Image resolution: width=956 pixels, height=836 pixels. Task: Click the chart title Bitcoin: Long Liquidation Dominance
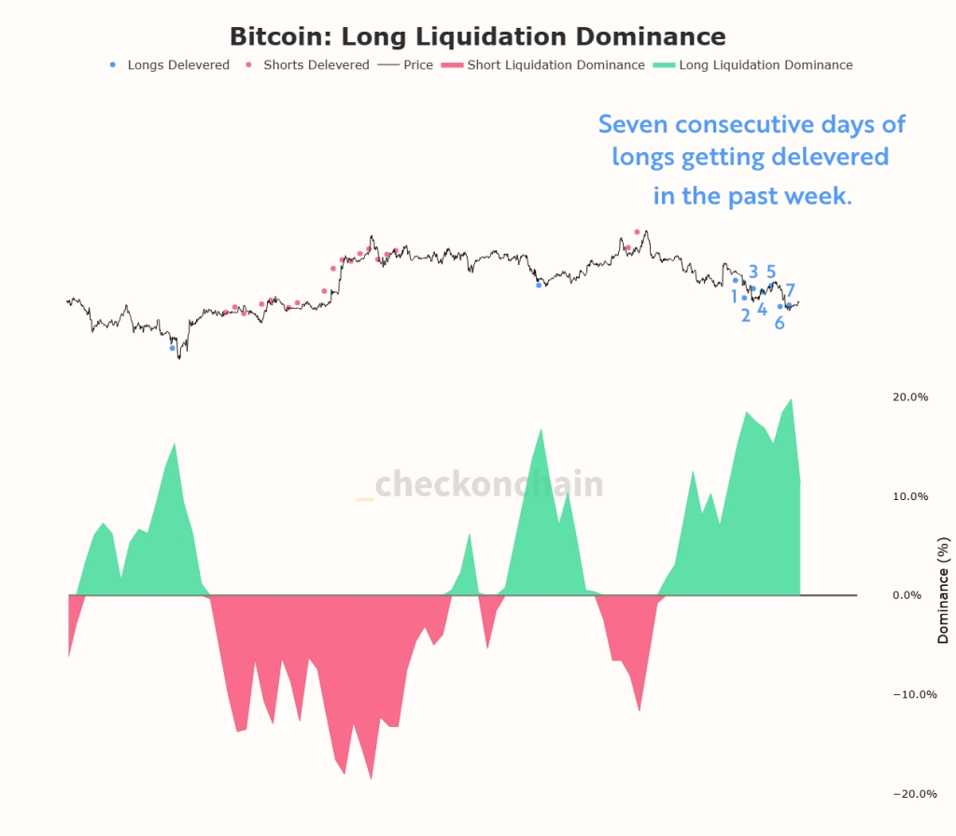(x=477, y=36)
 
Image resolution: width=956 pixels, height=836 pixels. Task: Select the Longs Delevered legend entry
(x=177, y=65)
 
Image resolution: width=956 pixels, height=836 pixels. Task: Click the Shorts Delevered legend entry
(x=316, y=65)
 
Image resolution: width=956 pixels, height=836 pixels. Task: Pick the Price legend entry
(x=417, y=65)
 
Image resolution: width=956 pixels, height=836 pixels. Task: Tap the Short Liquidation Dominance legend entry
(x=555, y=65)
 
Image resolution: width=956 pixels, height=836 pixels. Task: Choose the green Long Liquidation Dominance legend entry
(x=765, y=65)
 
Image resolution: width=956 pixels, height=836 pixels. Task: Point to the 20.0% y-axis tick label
(x=910, y=397)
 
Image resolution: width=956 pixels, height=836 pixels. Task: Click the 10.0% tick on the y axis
(x=910, y=496)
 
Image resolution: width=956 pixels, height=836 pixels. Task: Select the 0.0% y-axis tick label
(x=913, y=595)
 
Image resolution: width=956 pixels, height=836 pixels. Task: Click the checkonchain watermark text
(x=488, y=484)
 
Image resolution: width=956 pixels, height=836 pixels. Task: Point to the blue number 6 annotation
(x=779, y=324)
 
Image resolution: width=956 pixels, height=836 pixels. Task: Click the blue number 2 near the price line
(x=745, y=315)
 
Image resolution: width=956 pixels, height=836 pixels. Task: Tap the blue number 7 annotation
(x=790, y=290)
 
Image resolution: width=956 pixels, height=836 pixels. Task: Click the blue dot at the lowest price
(x=172, y=348)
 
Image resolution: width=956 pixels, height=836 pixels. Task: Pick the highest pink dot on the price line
(x=638, y=231)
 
